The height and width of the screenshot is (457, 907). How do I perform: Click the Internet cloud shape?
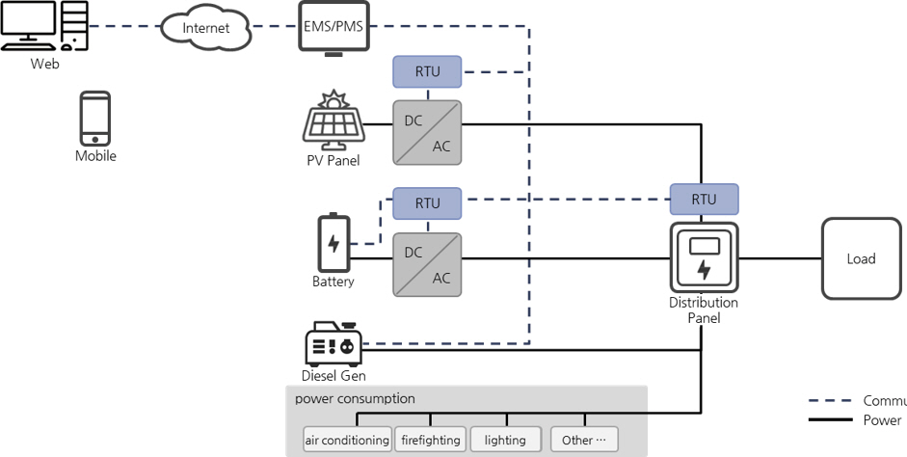[x=205, y=28]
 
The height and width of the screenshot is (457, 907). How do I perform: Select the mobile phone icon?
[x=94, y=119]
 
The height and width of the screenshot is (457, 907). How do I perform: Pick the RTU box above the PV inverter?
[x=427, y=70]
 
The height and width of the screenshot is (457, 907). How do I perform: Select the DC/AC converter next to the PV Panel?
[x=427, y=132]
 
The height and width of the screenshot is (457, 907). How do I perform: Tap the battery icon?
[x=333, y=243]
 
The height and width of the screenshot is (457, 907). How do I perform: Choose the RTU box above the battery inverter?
[x=427, y=203]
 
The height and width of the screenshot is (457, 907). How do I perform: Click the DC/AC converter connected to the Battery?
[x=427, y=264]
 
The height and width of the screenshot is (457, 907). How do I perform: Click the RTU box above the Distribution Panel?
[x=704, y=200]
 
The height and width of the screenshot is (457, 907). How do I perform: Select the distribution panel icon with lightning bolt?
[x=704, y=257]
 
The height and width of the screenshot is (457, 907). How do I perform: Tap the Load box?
[x=861, y=258]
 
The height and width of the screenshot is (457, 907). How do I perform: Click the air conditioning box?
[x=347, y=440]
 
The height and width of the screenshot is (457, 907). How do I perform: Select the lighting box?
[x=505, y=440]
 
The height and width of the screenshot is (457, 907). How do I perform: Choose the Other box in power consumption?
[x=585, y=440]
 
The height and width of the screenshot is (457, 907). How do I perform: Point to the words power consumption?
[x=355, y=398]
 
